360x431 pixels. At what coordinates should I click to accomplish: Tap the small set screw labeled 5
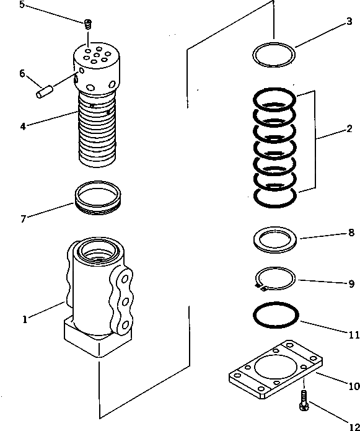coord(88,24)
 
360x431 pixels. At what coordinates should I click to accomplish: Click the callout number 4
coord(22,126)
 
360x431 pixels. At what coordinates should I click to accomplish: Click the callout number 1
coord(24,319)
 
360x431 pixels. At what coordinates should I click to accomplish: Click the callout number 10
coord(354,386)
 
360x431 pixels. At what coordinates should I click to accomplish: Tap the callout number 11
coord(354,335)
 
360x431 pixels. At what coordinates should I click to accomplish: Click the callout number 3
coord(349,22)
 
